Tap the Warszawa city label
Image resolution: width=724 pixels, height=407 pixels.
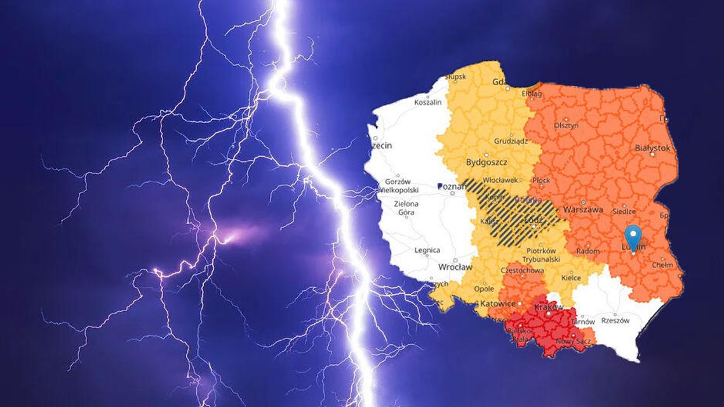click(x=583, y=210)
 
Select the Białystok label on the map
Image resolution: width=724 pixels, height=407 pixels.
click(x=652, y=148)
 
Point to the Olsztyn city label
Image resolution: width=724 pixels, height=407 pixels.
click(x=566, y=126)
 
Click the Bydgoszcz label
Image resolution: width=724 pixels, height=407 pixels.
click(x=485, y=162)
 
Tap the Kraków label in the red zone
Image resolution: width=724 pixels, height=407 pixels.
click(x=549, y=307)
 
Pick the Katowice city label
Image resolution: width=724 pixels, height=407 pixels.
click(x=498, y=304)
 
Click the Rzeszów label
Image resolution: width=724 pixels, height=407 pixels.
click(x=614, y=321)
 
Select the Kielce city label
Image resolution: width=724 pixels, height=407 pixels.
click(x=571, y=278)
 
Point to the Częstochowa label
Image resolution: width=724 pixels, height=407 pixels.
click(x=520, y=270)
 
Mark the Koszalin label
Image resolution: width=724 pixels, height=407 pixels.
click(x=427, y=102)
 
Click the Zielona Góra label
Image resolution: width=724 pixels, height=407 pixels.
click(x=406, y=208)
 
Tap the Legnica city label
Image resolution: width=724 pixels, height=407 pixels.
click(x=427, y=251)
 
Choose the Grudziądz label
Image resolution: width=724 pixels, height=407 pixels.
click(x=511, y=141)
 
